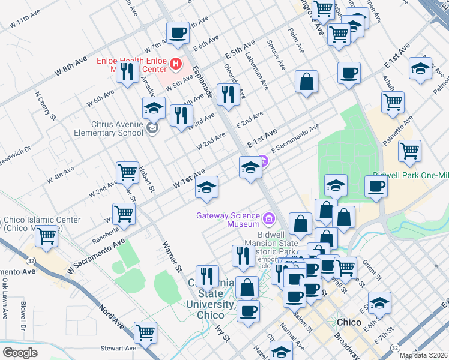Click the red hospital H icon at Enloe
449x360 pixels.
pos(176,62)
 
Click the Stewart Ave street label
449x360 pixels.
pos(118,348)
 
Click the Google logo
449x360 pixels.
pos(20,352)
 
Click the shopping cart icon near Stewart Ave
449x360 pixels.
pos(146,331)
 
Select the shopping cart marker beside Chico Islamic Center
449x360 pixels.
pos(47,235)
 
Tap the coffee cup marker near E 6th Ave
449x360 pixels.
pos(178,32)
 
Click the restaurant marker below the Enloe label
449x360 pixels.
pos(127,73)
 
